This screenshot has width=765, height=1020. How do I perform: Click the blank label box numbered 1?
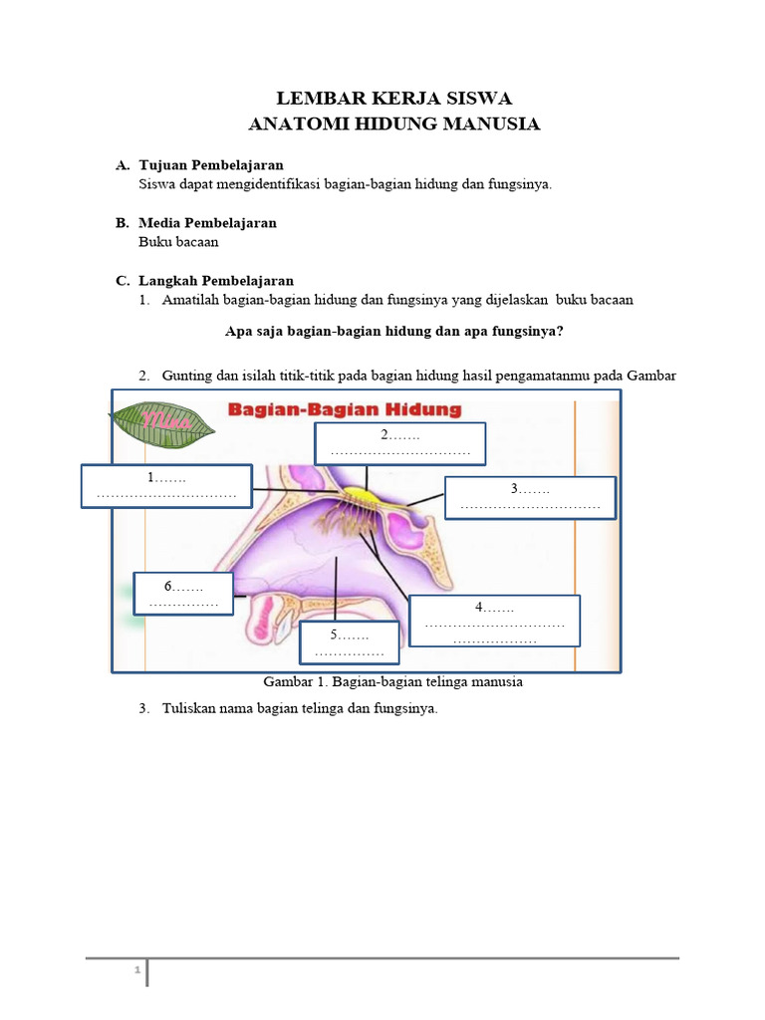pyautogui.click(x=165, y=486)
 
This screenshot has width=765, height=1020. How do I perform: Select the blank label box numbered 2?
pyautogui.click(x=399, y=443)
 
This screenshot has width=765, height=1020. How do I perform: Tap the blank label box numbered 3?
pyautogui.click(x=530, y=497)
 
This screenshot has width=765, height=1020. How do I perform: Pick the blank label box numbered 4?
pyautogui.click(x=494, y=621)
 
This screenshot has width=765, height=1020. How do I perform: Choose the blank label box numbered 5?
pyautogui.click(x=349, y=642)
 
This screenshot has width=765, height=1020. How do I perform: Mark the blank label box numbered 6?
pyautogui.click(x=183, y=594)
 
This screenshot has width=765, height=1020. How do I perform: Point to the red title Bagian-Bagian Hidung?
pyautogui.click(x=346, y=409)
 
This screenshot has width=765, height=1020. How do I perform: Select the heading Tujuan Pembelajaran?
pyautogui.click(x=211, y=164)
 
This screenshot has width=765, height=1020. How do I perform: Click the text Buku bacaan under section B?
pyautogui.click(x=178, y=241)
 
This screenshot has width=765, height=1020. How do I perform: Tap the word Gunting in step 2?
pyautogui.click(x=186, y=375)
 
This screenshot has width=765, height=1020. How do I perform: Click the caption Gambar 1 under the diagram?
pyautogui.click(x=392, y=683)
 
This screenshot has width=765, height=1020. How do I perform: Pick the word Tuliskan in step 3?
pyautogui.click(x=189, y=708)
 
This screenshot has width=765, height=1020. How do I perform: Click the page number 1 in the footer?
pyautogui.click(x=137, y=970)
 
